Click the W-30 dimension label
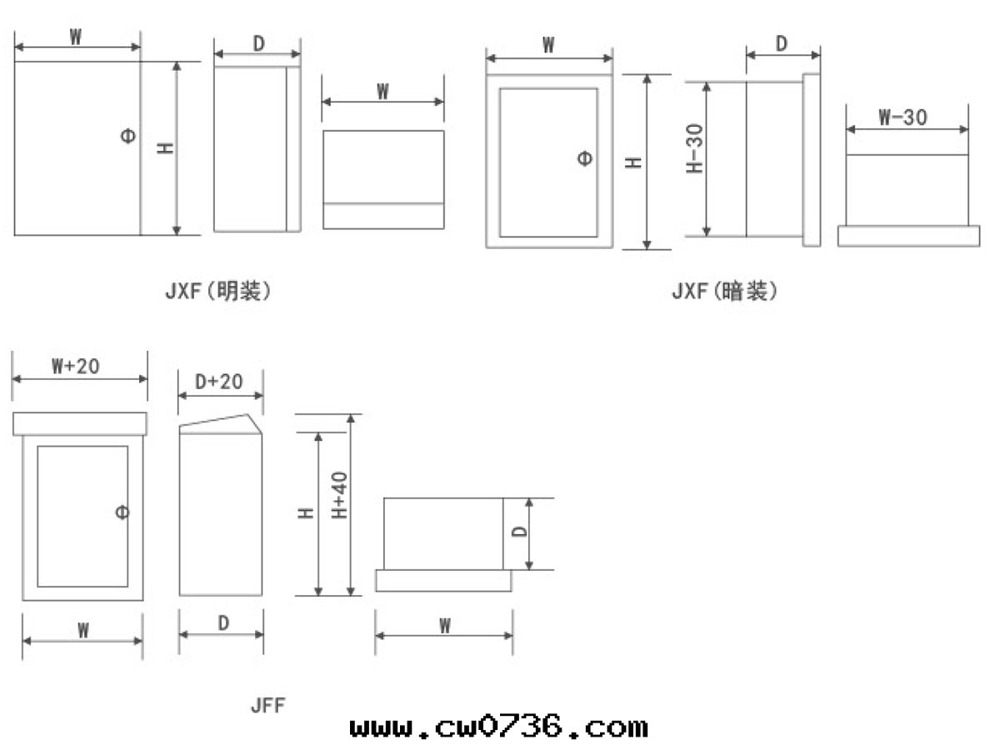[x=902, y=117]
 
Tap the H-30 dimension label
[x=695, y=148]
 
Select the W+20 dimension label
[x=75, y=366]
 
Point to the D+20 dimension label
[x=218, y=382]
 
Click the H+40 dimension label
[x=339, y=495]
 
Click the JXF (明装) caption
[x=218, y=291]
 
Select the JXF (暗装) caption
[x=725, y=291]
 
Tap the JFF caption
[x=267, y=705]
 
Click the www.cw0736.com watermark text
[x=499, y=727]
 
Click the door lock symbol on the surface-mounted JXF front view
[x=128, y=136]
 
